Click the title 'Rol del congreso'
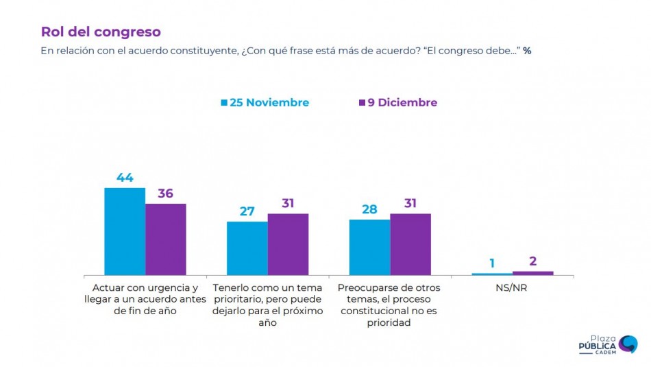101,32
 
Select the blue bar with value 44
125,231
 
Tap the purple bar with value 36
166,239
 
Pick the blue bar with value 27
247,248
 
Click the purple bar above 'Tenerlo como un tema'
288,244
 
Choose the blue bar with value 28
370,247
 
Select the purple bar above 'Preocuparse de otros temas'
410,244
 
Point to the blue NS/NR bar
492,274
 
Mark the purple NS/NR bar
532,273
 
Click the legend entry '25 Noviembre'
265,103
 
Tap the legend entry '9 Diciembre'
398,103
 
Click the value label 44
125,177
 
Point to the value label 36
166,193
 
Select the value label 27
247,211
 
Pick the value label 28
370,209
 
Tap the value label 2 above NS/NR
532,261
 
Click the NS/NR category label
512,288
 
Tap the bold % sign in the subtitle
527,51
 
